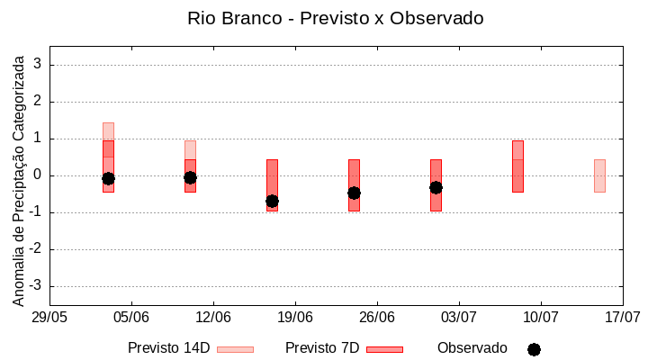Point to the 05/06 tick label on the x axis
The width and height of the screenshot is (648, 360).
131,317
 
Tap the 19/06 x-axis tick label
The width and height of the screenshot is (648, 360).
295,317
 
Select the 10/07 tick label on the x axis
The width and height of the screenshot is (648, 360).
541,317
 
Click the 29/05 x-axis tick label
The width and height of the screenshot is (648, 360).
49,317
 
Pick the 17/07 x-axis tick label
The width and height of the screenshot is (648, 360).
623,317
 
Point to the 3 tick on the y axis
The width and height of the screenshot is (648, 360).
39,65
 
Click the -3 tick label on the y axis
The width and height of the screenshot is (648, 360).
36,286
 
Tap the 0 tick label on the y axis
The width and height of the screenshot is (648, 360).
39,175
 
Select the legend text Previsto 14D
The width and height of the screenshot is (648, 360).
168,348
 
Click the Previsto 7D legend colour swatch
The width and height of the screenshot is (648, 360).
384,349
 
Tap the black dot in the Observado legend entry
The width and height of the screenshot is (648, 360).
534,349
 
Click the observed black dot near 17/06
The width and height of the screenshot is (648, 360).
272,201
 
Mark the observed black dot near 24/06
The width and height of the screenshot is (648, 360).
354,193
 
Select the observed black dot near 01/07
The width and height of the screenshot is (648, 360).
436,187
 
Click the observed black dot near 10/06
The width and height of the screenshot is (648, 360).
190,177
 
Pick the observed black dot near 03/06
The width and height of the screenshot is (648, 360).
108,178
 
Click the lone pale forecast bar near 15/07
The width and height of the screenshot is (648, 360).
599,175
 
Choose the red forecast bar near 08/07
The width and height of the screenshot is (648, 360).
517,166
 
